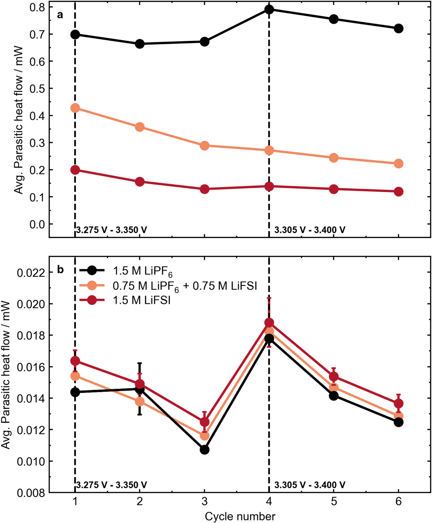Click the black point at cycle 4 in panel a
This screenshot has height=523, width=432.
coord(269,9)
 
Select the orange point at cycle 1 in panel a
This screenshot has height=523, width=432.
coord(75,108)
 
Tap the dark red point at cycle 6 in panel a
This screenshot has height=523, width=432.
coord(398,191)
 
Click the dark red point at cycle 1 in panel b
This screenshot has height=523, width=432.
coord(75,361)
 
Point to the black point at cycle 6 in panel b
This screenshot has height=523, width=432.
coord(398,422)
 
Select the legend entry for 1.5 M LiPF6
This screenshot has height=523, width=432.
coord(143,271)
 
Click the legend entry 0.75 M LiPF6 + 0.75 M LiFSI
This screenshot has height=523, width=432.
coord(184,286)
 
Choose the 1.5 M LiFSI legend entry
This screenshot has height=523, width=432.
coord(141,300)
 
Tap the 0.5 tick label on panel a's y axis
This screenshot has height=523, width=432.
coord(37,88)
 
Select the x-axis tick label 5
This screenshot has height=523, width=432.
coord(333,502)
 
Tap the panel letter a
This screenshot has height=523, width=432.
coord(60,15)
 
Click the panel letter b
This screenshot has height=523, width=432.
coord(60,270)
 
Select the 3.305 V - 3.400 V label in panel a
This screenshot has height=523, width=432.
coord(310,230)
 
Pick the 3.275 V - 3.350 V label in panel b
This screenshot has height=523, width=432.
coord(111,485)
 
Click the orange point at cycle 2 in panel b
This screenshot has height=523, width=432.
coord(140,402)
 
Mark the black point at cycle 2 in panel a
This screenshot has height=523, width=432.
coord(140,44)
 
